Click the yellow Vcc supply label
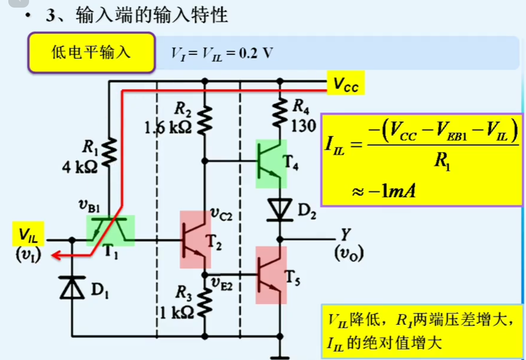[x=345, y=83]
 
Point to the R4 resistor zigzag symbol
[x=280, y=113]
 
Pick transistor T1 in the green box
[x=110, y=230]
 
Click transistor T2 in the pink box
[x=195, y=239]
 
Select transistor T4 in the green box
[x=271, y=163]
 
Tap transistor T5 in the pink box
[x=271, y=275]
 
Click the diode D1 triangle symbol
[x=72, y=288]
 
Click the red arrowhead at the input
[x=55, y=256]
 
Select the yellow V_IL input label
[x=28, y=234]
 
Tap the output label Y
[x=345, y=234]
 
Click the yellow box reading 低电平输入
[x=91, y=53]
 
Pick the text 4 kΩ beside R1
[x=80, y=167]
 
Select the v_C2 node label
[x=222, y=214]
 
